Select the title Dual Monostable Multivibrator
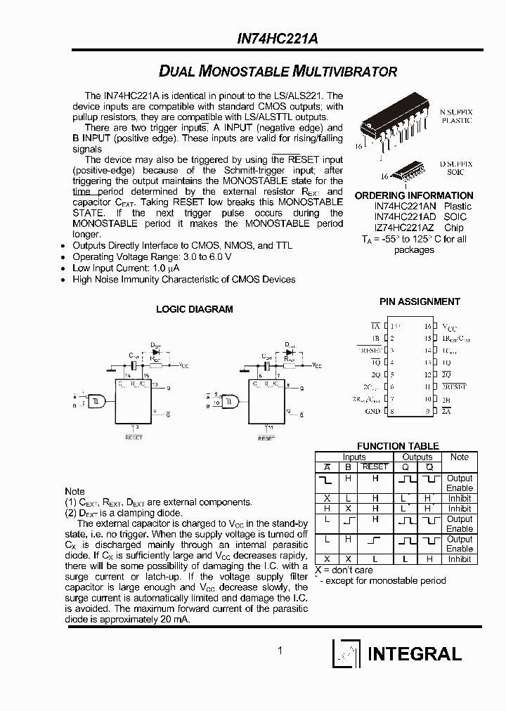[x=278, y=72]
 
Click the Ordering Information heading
[x=413, y=195]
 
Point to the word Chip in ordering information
[x=454, y=228]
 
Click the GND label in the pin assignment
[x=372, y=411]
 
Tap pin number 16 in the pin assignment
[x=427, y=327]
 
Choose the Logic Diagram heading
[x=195, y=309]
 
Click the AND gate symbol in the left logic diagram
[x=96, y=401]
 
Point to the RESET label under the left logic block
[x=134, y=438]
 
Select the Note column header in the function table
[x=460, y=457]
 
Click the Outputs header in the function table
[x=417, y=457]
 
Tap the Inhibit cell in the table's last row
[x=460, y=559]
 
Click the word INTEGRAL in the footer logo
[x=415, y=654]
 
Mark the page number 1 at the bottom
[x=280, y=651]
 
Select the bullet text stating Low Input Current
[x=126, y=268]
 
